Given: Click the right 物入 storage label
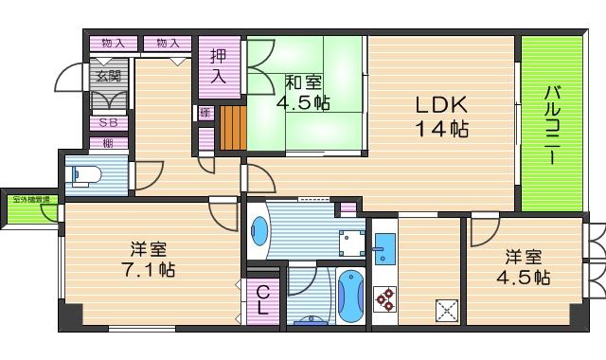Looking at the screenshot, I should [168, 43].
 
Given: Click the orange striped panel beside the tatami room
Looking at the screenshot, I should [233, 128].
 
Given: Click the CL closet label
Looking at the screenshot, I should [262, 301].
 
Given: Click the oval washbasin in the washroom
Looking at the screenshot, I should [258, 230].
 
